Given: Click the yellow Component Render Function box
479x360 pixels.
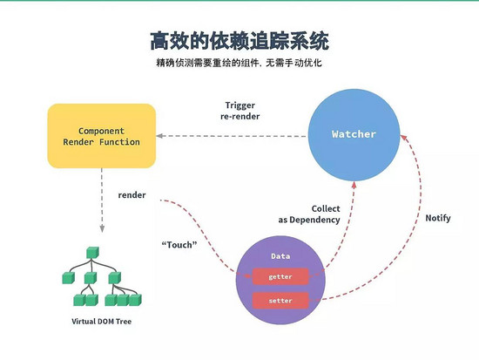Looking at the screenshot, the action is pos(102,136).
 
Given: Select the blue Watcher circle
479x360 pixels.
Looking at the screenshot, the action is pos(354,135).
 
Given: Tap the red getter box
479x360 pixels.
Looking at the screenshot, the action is pos(280,276).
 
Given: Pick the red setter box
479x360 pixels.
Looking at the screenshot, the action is pos(280,301).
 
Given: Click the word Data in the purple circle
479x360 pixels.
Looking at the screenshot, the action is pos(280,256).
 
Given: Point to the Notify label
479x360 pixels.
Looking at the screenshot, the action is pos(438,219).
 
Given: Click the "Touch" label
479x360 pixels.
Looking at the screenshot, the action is pos(179,245).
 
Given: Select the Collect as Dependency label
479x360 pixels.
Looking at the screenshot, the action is pos(309,214).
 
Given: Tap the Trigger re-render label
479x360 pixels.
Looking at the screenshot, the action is pos(240,111).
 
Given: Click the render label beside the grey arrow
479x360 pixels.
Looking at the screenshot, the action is pos(132,195).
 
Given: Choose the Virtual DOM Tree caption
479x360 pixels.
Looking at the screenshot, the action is pos(101,322).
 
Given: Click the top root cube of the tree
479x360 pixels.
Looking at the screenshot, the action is pos(92,253).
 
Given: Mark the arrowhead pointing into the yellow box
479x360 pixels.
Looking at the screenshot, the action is pos(159,136).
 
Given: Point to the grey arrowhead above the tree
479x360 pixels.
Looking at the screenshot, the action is pos(102,228).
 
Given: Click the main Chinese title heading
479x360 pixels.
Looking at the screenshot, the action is pos(239,40).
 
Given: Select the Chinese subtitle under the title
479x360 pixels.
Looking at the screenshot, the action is pos(239,63).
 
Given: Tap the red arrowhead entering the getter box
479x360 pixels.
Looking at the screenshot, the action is pos(249,275).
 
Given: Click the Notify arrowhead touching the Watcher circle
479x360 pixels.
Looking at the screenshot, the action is pos(404,138).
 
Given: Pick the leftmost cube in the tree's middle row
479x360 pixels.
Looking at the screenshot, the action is pos(69,278).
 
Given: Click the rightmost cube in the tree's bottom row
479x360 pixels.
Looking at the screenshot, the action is pos(135,300).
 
